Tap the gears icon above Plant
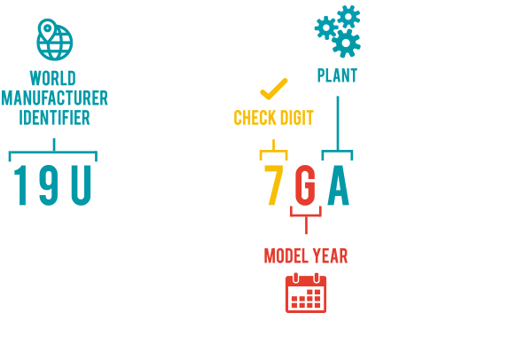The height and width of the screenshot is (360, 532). click(x=339, y=30)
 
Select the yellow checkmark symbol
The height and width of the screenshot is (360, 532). click(x=273, y=89)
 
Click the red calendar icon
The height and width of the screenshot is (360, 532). click(x=306, y=293)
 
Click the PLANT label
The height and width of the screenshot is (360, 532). click(x=337, y=76)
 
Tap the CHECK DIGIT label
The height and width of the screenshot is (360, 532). click(x=274, y=117)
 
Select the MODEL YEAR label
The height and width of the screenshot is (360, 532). click(x=306, y=256)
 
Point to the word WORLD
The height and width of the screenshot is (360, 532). click(x=53, y=76)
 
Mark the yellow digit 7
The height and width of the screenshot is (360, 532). click(x=274, y=187)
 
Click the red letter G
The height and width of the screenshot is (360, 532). click(x=305, y=187)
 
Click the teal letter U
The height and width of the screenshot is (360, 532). click(x=81, y=187)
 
